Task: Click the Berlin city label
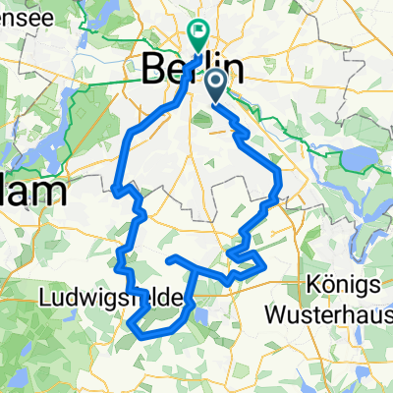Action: [193, 69]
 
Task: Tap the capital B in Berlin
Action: [155, 69]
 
